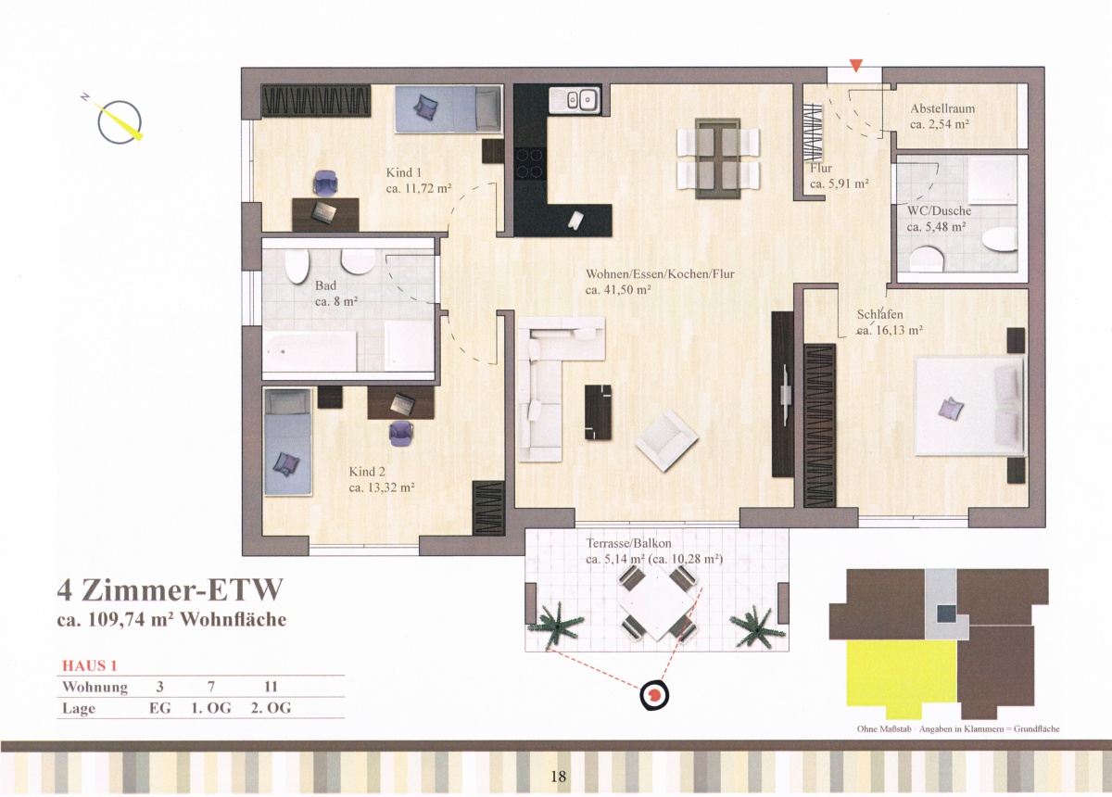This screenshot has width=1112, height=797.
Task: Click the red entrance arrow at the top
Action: point(856,66)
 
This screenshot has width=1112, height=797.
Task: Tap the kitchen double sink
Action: point(575,99)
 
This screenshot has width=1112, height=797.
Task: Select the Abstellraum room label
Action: point(942,108)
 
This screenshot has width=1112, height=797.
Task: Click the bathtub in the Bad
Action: point(310,351)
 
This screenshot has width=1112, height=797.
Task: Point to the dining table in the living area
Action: point(718,158)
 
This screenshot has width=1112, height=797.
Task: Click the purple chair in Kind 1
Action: point(326,183)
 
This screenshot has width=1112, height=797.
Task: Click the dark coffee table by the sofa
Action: point(599,412)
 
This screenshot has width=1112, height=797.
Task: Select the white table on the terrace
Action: point(656,603)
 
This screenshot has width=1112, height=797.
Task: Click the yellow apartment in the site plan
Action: point(901,679)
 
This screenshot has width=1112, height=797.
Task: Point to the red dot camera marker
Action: point(654,695)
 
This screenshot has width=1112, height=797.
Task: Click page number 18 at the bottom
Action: point(558,776)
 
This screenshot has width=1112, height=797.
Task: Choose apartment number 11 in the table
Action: point(271,687)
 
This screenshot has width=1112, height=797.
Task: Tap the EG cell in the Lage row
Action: point(159,708)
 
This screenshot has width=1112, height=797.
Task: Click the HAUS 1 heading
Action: point(89,665)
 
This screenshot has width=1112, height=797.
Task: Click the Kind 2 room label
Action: point(367,471)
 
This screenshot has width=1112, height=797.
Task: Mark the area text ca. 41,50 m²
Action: point(618,289)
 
